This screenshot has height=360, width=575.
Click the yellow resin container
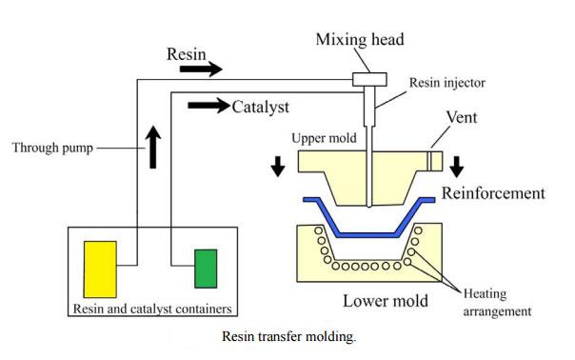point(100,268)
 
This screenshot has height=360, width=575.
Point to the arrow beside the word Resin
point(200,69)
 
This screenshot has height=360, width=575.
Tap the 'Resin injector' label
point(446,84)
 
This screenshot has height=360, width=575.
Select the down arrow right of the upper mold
point(457,165)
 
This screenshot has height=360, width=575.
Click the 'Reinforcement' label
point(493,193)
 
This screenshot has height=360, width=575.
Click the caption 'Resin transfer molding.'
point(288,336)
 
